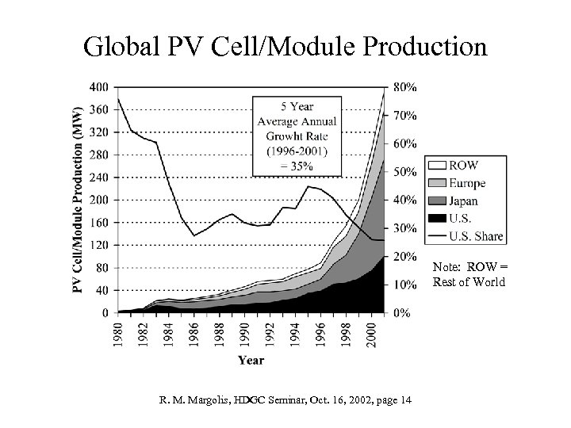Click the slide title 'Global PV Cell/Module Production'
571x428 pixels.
pos(285,46)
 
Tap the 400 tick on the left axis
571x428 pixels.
pos(100,86)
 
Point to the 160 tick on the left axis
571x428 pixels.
pos(100,223)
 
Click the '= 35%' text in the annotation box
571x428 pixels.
pos(296,166)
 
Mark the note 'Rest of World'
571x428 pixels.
pos(469,283)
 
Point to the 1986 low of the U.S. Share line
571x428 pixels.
pos(194,235)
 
